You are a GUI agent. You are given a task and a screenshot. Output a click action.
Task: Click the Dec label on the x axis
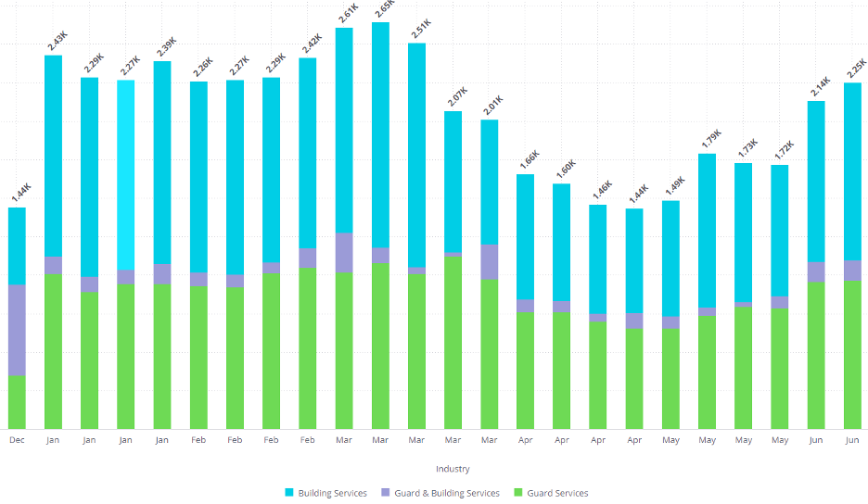pos(17,440)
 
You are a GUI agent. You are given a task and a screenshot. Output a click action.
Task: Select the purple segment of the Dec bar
pos(17,330)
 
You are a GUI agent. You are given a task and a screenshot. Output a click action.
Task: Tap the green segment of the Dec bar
pos(17,402)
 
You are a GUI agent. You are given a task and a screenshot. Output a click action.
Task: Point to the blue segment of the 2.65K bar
pos(380,134)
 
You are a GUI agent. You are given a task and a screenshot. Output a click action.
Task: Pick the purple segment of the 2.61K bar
pos(344,252)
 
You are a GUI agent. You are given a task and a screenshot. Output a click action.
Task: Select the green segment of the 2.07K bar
pos(453,343)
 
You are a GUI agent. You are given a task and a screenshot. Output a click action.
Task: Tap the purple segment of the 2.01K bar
pos(490,261)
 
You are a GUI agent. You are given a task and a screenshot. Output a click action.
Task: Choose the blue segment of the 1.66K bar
pos(526,236)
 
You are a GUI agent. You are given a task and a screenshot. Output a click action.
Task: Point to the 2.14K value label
pos(817,89)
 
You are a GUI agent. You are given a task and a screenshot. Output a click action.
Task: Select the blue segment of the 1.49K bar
pos(670,258)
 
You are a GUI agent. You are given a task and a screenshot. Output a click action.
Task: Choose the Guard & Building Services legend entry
pos(441,493)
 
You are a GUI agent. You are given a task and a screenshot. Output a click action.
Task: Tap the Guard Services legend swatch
pos(519,493)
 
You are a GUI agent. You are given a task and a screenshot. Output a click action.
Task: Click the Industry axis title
pos(453,469)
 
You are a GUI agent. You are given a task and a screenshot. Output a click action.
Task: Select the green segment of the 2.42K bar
pos(308,348)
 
